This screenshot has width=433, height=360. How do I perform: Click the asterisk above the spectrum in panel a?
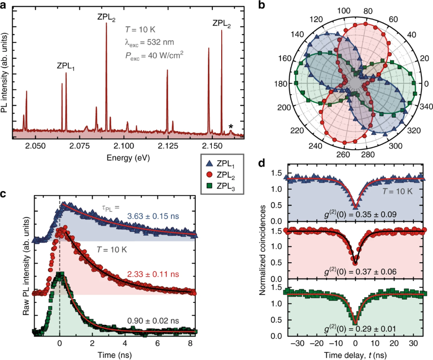(x=231, y=126)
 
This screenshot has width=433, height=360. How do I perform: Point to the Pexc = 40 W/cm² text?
(x=154, y=55)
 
